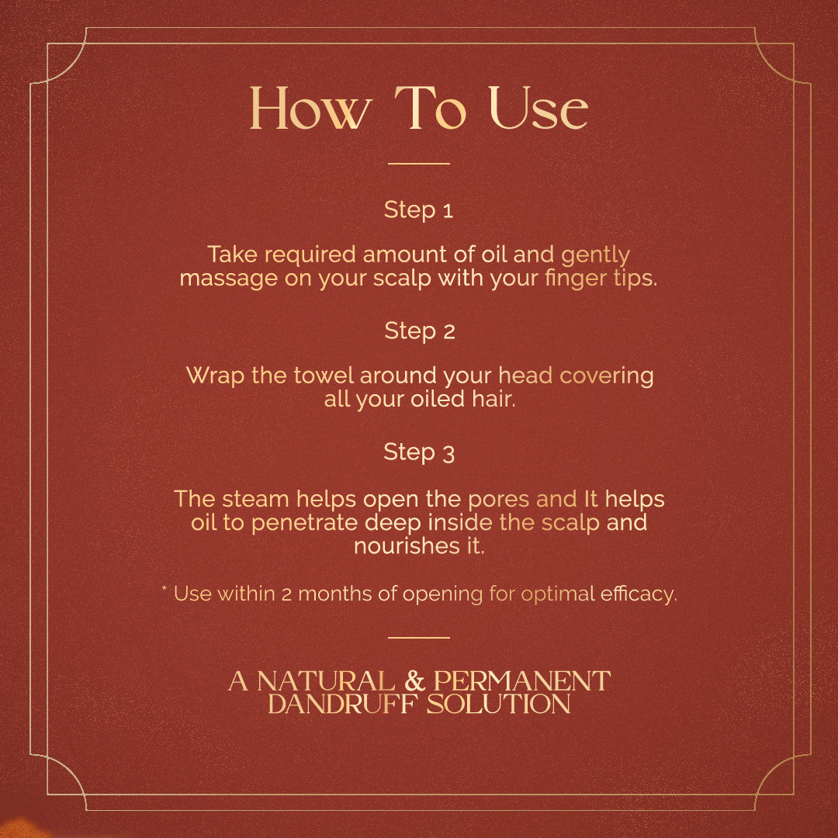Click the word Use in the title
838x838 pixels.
pos(538,109)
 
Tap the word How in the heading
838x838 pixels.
pos(310,109)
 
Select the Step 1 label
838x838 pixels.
pos(418,210)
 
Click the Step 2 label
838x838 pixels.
pos(420,331)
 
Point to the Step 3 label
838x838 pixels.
pos(419,452)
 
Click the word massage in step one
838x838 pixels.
pos(228,279)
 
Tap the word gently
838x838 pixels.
pos(595,255)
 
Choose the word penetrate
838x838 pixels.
pos(304,523)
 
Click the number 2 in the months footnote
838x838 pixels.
pos(286,594)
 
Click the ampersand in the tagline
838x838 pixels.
pos(414,681)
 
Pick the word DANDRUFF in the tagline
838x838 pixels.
pos(342,704)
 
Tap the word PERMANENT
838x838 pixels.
pos(521,681)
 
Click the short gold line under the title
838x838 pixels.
pos(418,164)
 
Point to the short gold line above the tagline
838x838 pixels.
pos(418,638)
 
